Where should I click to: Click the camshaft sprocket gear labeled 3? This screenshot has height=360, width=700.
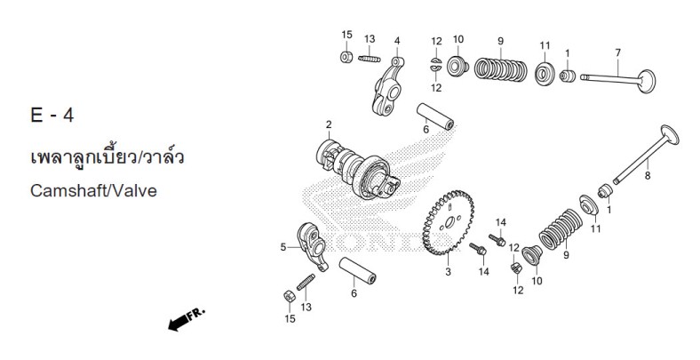coord(448,222)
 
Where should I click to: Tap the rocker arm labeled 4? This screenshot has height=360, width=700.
coord(387,86)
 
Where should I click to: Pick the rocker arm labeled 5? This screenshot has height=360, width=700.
coord(314,246)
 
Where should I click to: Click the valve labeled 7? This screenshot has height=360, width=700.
coord(618,80)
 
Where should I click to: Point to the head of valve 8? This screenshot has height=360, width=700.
coord(670,134)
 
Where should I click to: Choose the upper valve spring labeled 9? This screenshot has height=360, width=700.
coord(500,69)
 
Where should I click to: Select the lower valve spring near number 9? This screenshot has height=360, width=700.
coord(561,229)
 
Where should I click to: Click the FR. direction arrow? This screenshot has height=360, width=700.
coord(187,319)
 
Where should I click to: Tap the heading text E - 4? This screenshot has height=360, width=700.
coord(52,116)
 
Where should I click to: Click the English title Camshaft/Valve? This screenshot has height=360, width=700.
coord(93,191)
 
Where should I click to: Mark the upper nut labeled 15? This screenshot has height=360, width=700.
coord(346,57)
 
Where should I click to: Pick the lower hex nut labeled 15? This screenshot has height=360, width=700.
coord(290,296)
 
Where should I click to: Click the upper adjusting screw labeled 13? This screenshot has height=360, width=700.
coord(370,59)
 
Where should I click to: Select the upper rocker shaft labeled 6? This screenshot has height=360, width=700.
coord(435,116)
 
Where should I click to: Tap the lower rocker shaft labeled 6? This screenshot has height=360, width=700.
coord(357,270)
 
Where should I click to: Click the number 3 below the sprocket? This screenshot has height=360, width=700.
coord(449,272)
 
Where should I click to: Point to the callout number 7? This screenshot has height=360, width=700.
coord(618,52)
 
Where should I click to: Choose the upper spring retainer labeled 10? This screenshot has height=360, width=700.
coord(457,67)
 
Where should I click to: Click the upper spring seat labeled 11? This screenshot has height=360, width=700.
coord(545,74)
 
